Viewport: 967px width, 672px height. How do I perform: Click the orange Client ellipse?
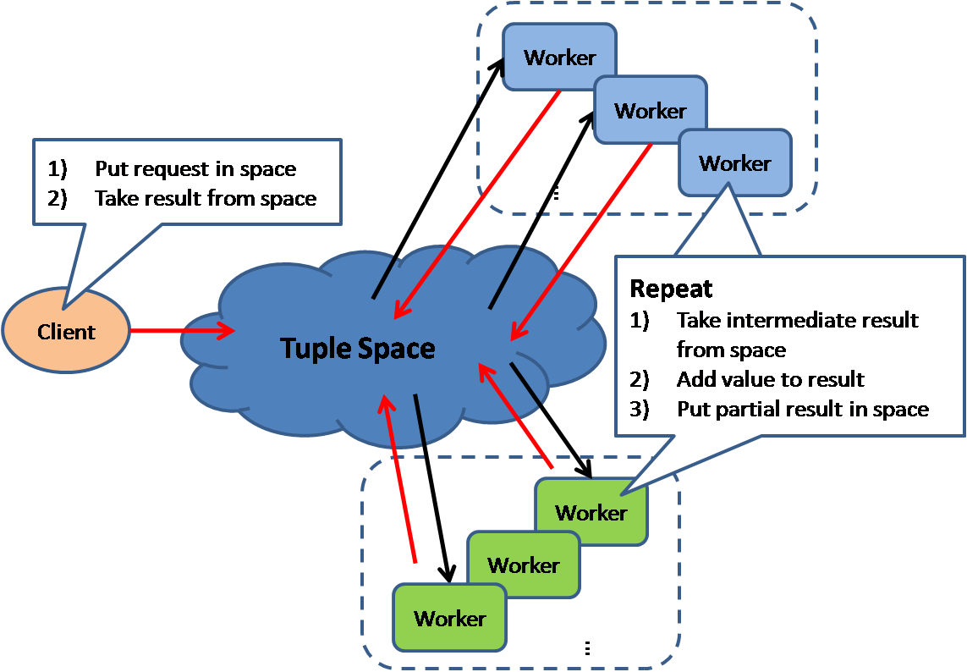pyautogui.click(x=66, y=332)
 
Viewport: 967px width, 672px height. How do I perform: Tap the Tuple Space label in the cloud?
pyautogui.click(x=357, y=348)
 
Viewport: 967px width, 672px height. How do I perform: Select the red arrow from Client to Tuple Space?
pyautogui.click(x=183, y=331)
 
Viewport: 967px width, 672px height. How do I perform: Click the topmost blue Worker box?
pyautogui.click(x=559, y=58)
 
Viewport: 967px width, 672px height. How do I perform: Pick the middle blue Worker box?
pyautogui.click(x=651, y=111)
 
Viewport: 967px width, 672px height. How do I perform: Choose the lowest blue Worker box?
pyautogui.click(x=735, y=163)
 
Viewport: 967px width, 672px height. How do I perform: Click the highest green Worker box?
pyautogui.click(x=591, y=513)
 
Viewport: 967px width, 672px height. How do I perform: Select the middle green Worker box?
pyautogui.click(x=524, y=565)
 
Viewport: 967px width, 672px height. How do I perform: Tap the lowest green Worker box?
pyautogui.click(x=450, y=619)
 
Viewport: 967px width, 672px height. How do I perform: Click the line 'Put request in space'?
pyautogui.click(x=195, y=168)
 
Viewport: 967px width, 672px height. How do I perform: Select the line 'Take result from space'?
pyautogui.click(x=206, y=198)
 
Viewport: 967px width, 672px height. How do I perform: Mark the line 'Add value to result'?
pyautogui.click(x=770, y=379)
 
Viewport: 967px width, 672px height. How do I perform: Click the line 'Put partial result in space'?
pyautogui.click(x=802, y=409)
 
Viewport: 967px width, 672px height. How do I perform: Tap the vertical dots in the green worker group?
pyautogui.click(x=587, y=648)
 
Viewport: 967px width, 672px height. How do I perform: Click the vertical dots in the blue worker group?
pyautogui.click(x=555, y=194)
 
